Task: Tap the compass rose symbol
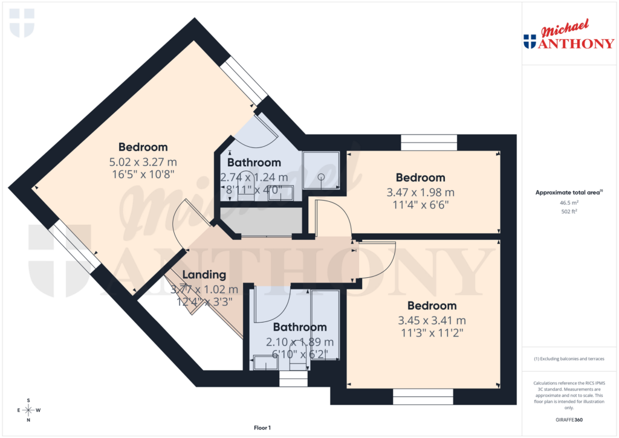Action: (x=28, y=410)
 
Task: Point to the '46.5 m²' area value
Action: (x=569, y=203)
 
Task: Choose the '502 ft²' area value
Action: (x=569, y=211)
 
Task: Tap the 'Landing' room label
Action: (x=204, y=275)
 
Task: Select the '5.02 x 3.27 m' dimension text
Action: (x=143, y=162)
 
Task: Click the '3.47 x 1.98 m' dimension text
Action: (x=420, y=193)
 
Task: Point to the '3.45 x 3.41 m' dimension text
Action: (x=432, y=320)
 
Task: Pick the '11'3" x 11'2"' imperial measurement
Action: (x=432, y=332)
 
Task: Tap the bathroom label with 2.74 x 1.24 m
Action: (x=254, y=163)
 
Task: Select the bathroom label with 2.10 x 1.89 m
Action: (x=300, y=327)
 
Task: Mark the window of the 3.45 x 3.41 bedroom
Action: (x=423, y=397)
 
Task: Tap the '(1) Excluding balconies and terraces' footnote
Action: (x=569, y=359)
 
